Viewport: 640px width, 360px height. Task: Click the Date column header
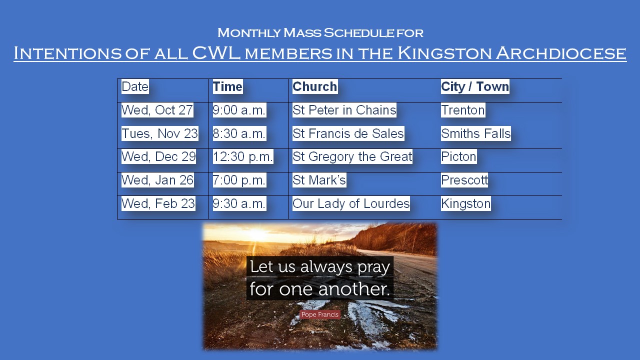(135, 86)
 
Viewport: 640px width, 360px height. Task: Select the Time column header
(227, 86)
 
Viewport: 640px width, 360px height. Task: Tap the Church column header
(315, 86)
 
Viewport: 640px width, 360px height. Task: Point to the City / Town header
(475, 86)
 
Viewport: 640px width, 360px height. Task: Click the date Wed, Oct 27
(157, 110)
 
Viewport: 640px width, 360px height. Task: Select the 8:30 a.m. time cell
(239, 133)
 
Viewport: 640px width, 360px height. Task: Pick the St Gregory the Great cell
(352, 156)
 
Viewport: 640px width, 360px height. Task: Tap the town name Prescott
(464, 180)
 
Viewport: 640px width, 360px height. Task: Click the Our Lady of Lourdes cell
(351, 203)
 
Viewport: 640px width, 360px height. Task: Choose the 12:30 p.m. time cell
(243, 156)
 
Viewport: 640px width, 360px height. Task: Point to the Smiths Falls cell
(475, 133)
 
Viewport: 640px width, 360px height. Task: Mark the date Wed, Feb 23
(158, 203)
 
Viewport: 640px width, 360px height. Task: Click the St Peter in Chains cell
(344, 110)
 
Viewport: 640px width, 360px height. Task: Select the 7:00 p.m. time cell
(239, 180)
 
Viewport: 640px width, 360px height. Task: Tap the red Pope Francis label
(320, 314)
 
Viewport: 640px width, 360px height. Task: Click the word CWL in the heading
(216, 53)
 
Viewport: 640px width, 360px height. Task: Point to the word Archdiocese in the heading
(561, 53)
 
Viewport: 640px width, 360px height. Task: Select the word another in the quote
(354, 289)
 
